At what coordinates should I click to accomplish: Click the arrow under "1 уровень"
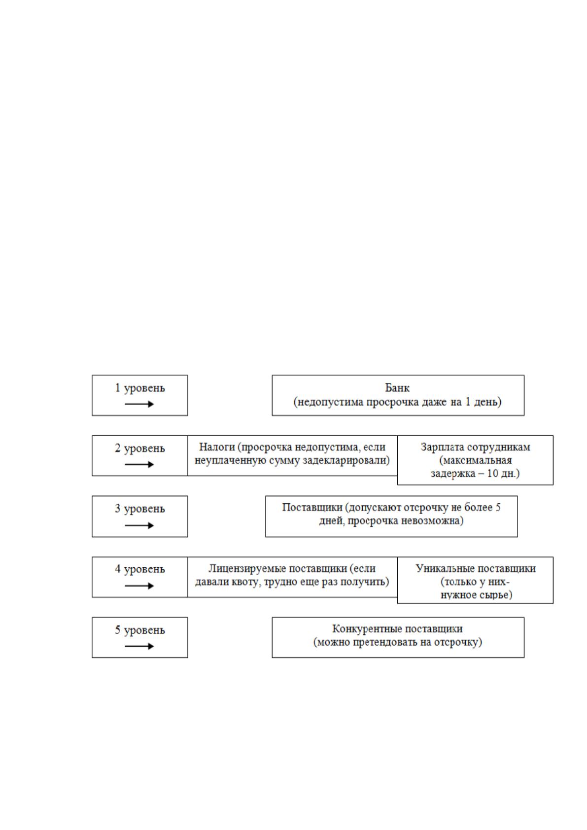point(139,404)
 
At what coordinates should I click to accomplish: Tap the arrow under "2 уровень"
point(139,464)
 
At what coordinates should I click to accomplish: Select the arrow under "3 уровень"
point(139,525)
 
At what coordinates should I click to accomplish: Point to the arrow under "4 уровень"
point(139,586)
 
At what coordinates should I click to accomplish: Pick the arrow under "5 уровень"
point(139,646)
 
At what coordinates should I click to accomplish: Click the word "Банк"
point(397,388)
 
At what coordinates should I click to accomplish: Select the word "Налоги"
point(217,447)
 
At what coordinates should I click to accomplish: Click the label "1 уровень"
point(139,388)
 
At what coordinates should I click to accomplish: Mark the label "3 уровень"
point(139,509)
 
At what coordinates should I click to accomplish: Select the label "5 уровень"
point(139,630)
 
